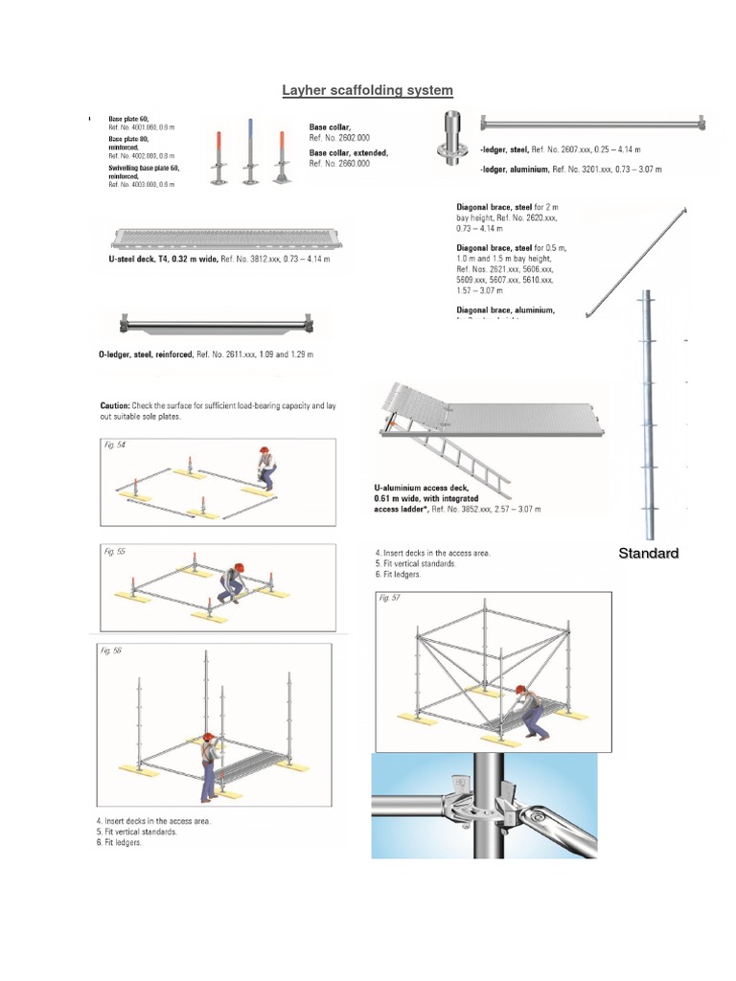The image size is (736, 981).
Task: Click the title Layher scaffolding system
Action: pyautogui.click(x=367, y=90)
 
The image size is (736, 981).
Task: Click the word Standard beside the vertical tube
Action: pyautogui.click(x=648, y=554)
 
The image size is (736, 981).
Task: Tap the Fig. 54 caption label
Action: pyautogui.click(x=114, y=445)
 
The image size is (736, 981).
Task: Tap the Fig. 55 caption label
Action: pyautogui.click(x=114, y=552)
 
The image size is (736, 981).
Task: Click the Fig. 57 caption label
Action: pyautogui.click(x=390, y=598)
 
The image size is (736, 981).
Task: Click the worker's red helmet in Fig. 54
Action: pyautogui.click(x=265, y=449)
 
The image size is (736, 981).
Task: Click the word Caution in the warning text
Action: pyautogui.click(x=117, y=405)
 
